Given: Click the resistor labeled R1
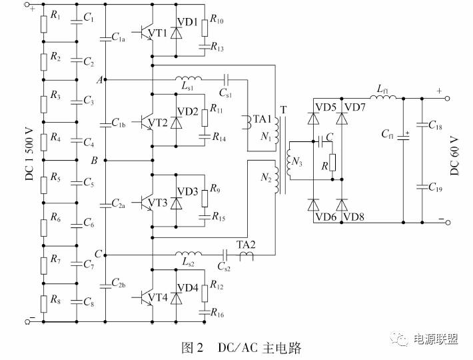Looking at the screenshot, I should pos(43,24).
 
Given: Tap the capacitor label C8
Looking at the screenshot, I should pos(88,302).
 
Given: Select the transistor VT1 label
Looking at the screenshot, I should pos(158,33).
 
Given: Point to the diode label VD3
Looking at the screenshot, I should pos(187,191).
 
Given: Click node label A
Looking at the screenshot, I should pos(99,80).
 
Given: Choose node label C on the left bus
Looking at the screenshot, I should pos(98,254).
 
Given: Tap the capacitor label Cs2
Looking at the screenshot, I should pos(225,267).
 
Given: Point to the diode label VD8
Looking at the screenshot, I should pos(354,216).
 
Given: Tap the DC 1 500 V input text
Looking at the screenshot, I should pos(28,161).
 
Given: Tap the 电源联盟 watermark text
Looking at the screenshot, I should pos(436,341).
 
